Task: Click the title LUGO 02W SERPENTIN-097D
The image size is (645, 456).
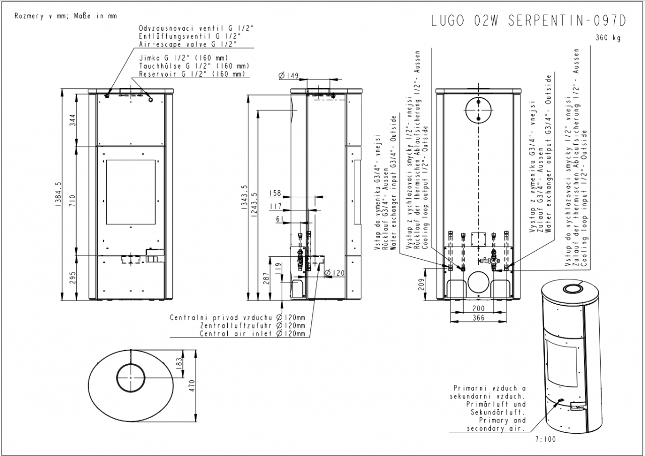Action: (529, 21)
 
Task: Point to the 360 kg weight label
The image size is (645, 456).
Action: (608, 37)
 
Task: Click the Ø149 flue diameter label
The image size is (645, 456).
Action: (288, 76)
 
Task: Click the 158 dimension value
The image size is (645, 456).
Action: (275, 193)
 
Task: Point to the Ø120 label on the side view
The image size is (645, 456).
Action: (335, 273)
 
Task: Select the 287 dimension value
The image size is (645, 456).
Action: (266, 278)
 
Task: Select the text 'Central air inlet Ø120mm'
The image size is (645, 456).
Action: (252, 333)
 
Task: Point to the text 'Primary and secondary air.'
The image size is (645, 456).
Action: (496, 424)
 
